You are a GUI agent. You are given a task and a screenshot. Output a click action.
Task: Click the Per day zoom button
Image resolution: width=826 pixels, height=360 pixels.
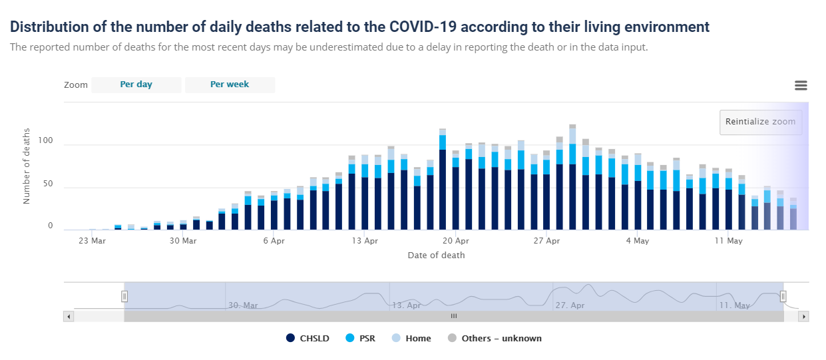click(136, 85)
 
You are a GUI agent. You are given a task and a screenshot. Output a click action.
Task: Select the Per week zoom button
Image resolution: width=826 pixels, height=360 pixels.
click(230, 85)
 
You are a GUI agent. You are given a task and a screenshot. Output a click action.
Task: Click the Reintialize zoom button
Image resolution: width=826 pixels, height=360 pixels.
click(761, 122)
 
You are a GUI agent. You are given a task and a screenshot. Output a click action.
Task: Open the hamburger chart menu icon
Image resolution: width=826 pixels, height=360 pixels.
click(801, 85)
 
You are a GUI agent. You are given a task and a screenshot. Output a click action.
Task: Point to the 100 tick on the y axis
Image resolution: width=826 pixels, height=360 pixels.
click(45, 141)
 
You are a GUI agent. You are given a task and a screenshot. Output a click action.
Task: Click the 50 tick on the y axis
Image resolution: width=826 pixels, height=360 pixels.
click(47, 184)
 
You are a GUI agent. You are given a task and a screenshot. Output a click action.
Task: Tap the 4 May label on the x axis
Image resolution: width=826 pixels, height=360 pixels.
click(638, 241)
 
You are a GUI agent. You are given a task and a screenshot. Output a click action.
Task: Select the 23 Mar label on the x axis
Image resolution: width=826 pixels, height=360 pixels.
click(92, 241)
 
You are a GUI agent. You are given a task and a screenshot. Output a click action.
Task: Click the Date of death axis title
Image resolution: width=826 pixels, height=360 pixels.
click(436, 256)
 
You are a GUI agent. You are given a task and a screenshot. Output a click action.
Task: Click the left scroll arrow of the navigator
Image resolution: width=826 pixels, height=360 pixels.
click(69, 317)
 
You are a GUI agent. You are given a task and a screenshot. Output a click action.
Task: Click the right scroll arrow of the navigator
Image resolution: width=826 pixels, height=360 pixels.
click(804, 317)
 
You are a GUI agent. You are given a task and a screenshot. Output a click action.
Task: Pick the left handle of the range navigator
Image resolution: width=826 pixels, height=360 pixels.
click(124, 296)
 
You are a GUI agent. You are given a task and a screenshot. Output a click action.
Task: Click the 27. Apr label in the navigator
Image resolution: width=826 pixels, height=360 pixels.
click(569, 305)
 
